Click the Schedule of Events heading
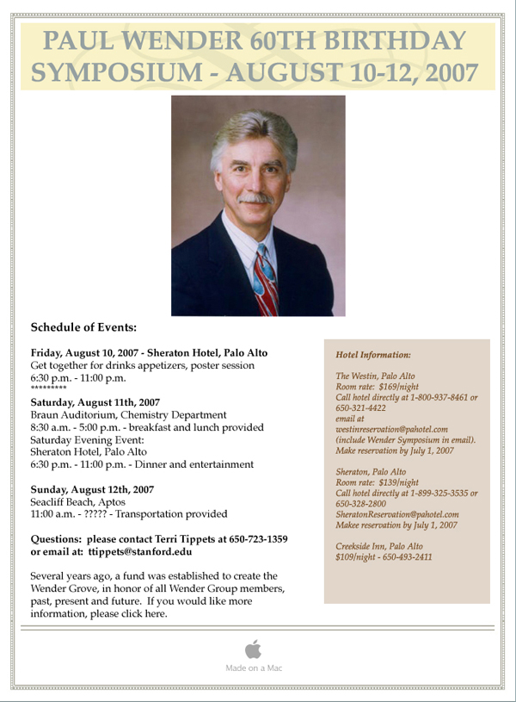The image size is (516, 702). (83, 327)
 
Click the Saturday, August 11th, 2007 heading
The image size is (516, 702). (95, 402)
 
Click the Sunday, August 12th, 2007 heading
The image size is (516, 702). (92, 489)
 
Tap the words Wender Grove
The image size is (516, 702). (65, 588)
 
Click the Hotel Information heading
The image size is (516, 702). (373, 354)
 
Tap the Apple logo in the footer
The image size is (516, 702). (253, 649)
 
